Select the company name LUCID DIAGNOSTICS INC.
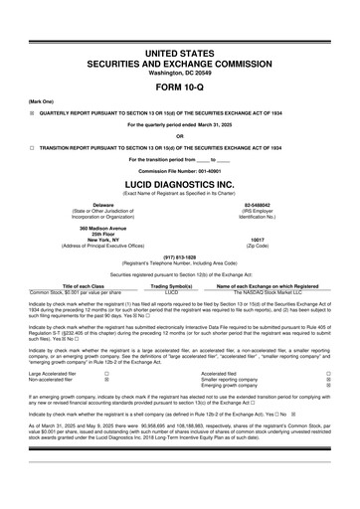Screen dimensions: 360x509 (x=179, y=184)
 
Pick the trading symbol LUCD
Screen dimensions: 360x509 (x=171, y=292)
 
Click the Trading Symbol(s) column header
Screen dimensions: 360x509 (x=171, y=286)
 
